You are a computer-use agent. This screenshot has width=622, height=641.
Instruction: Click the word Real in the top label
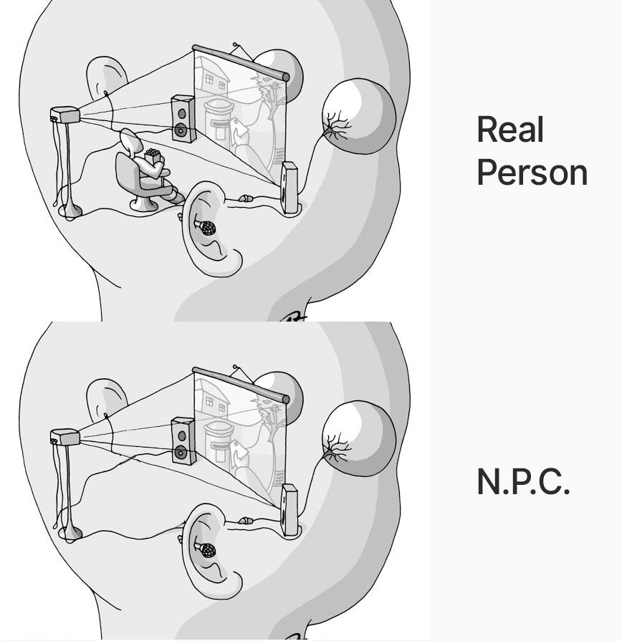[510, 129]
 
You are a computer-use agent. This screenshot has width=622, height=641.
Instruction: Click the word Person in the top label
[532, 173]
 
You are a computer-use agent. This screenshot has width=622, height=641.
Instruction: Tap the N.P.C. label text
[523, 481]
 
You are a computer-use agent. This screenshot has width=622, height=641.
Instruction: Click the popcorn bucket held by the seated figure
[153, 155]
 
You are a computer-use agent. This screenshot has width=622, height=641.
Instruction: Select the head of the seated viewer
[131, 141]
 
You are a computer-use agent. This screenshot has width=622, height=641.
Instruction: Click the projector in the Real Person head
[64, 115]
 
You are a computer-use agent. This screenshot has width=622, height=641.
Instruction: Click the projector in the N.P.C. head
[64, 437]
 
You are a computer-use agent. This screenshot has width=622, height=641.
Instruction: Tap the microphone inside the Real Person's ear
[206, 227]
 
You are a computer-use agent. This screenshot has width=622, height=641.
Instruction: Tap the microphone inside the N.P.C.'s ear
[206, 549]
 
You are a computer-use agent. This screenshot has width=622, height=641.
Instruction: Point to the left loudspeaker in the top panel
[183, 119]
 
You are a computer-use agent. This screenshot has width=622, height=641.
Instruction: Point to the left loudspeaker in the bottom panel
[183, 441]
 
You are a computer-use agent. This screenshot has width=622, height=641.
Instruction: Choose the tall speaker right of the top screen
[289, 188]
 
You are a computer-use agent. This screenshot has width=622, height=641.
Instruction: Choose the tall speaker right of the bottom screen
[289, 510]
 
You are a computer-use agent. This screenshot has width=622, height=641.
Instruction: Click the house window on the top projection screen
[209, 79]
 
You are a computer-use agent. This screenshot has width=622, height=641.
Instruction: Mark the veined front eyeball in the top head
[358, 116]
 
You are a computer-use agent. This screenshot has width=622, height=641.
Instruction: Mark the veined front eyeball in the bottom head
[358, 438]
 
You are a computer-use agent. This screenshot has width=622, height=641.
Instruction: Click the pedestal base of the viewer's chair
[144, 204]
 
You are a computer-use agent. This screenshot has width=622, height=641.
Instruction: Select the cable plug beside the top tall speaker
[244, 198]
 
